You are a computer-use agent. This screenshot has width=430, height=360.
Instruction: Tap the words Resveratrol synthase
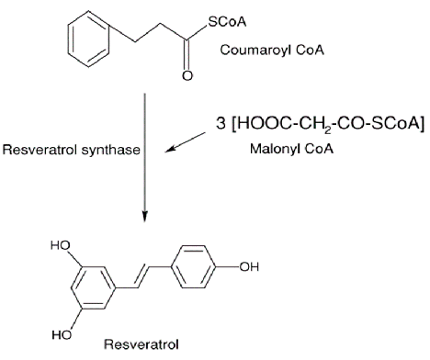pos(71,152)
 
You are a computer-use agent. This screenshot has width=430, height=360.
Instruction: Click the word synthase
pos(115,152)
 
